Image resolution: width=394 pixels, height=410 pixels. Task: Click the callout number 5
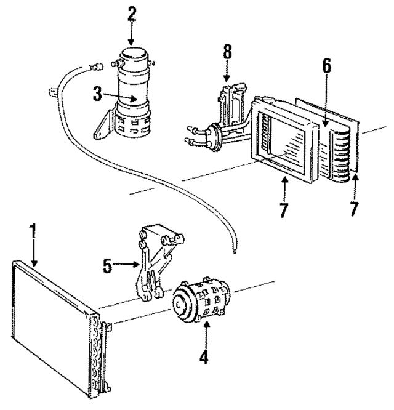point(108,266)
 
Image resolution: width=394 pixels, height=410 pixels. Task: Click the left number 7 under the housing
point(284,209)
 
